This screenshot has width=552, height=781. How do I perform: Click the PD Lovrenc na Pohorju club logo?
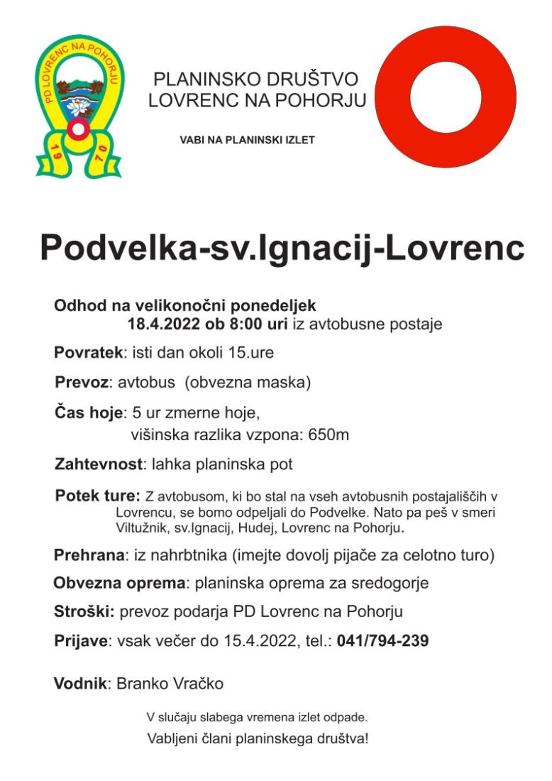pos(79,106)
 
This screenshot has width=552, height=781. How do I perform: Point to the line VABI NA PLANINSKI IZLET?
pos(248,140)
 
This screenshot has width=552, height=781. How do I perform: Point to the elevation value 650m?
pos(329,435)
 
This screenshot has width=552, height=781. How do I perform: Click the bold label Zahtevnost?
pos(99,465)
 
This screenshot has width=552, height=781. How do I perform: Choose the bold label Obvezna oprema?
pos(119,584)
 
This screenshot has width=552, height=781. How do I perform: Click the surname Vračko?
pos(199,684)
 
